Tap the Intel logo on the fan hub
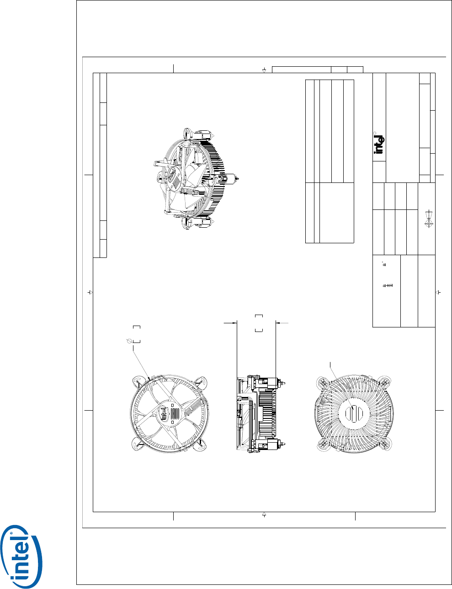[164, 413]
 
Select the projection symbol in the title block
[429, 219]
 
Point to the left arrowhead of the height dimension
[234, 323]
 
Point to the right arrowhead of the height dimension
[278, 323]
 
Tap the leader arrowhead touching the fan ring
[149, 378]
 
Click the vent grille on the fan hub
[175, 414]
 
